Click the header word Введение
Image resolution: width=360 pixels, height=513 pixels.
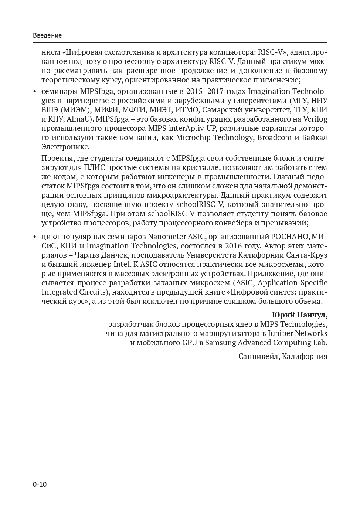point(47,35)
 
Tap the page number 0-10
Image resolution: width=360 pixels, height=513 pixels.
point(40,485)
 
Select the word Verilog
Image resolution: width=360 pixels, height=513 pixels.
point(315,119)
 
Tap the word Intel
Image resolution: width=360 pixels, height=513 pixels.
point(122,264)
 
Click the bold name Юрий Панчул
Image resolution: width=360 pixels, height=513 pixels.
point(299,315)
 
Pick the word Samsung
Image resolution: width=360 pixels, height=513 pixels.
point(221,343)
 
